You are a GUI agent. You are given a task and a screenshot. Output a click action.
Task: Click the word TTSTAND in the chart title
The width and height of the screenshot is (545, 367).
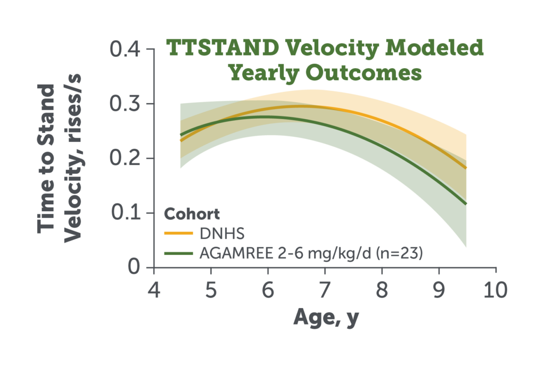pyautogui.click(x=223, y=47)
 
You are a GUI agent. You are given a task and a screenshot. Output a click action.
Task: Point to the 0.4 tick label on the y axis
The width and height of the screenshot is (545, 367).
pyautogui.click(x=125, y=49)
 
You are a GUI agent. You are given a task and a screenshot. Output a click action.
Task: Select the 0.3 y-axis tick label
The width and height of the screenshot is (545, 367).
pyautogui.click(x=125, y=104)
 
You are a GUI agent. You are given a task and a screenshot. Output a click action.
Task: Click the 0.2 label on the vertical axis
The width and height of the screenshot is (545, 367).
pyautogui.click(x=125, y=158)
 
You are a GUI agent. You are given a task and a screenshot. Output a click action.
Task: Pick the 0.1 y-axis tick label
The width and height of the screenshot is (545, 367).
pyautogui.click(x=126, y=213)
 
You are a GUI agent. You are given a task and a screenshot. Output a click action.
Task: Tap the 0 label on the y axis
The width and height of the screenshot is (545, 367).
pyautogui.click(x=134, y=267)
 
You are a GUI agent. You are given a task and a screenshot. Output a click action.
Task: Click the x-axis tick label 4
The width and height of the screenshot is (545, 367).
pyautogui.click(x=154, y=290)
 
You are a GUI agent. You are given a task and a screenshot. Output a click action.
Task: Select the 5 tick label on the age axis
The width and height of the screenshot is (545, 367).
pyautogui.click(x=211, y=290)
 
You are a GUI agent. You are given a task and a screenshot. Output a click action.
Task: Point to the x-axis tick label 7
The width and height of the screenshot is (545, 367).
pyautogui.click(x=325, y=290)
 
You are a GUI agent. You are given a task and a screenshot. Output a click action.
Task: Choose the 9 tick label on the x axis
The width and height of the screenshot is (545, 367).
pyautogui.click(x=439, y=290)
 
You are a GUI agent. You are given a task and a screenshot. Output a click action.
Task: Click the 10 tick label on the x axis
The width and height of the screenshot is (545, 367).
pyautogui.click(x=496, y=290)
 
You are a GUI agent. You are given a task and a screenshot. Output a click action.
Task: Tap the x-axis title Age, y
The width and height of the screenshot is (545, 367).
pyautogui.click(x=326, y=318)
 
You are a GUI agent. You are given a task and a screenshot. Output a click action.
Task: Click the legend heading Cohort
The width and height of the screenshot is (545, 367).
pyautogui.click(x=192, y=214)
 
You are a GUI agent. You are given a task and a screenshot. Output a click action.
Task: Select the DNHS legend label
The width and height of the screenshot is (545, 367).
pyautogui.click(x=222, y=233)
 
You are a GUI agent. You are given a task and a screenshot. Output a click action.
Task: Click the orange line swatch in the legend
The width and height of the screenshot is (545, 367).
pyautogui.click(x=178, y=233)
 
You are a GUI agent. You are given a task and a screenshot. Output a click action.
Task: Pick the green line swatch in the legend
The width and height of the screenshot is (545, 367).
pyautogui.click(x=178, y=254)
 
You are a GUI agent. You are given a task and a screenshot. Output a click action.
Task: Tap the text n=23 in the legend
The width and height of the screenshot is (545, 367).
pyautogui.click(x=399, y=254)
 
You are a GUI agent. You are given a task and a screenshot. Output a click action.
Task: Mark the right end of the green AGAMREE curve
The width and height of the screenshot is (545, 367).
pyautogui.click(x=466, y=204)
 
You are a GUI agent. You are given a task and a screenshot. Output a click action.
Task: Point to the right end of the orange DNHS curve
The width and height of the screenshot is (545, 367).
pyautogui.click(x=466, y=168)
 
